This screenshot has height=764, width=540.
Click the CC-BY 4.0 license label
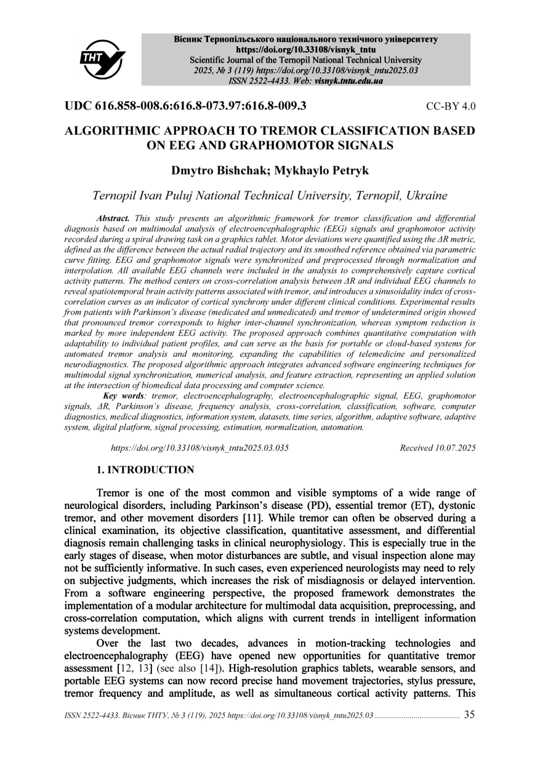click(x=451, y=106)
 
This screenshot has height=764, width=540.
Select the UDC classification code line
click(x=185, y=105)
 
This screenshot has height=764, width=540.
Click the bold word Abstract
click(x=113, y=218)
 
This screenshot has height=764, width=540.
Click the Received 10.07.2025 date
click(x=437, y=448)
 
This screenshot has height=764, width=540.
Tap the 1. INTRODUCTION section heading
click(x=145, y=470)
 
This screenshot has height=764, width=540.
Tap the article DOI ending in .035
click(x=199, y=448)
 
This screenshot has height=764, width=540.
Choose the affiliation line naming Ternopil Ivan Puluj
click(x=269, y=196)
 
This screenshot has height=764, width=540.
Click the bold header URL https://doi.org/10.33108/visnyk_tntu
click(x=305, y=50)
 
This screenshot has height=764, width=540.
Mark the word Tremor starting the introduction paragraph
click(x=114, y=494)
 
